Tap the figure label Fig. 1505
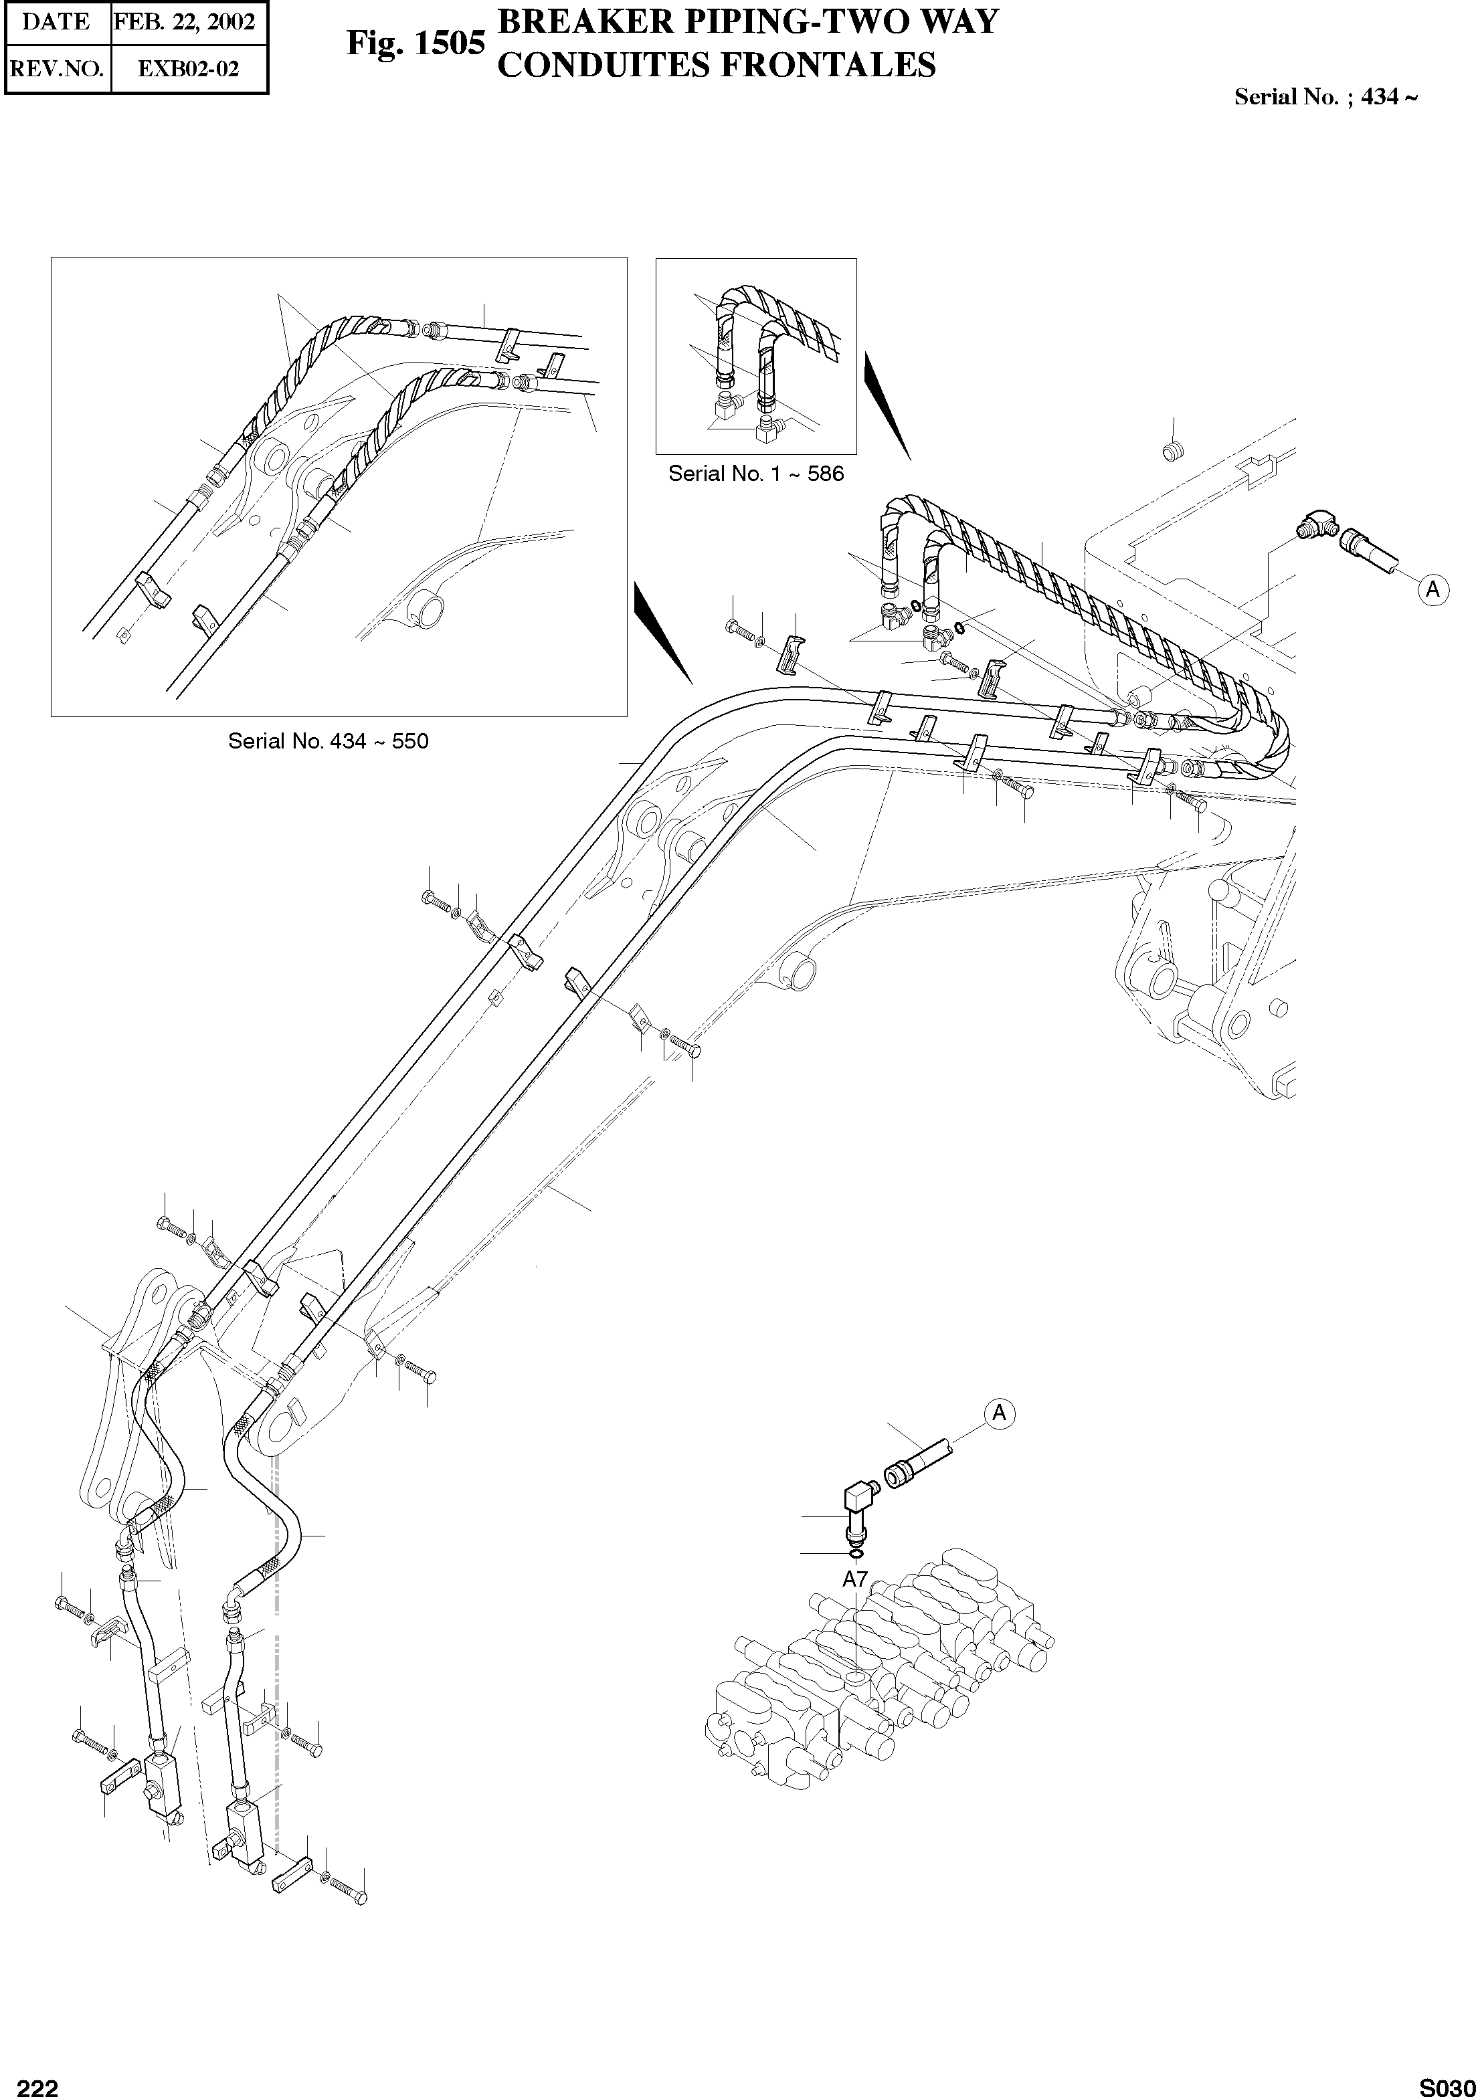(x=415, y=43)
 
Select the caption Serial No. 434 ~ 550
(x=328, y=740)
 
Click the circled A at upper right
(x=1432, y=590)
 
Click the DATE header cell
(x=57, y=23)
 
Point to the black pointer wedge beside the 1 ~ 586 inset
(x=886, y=407)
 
